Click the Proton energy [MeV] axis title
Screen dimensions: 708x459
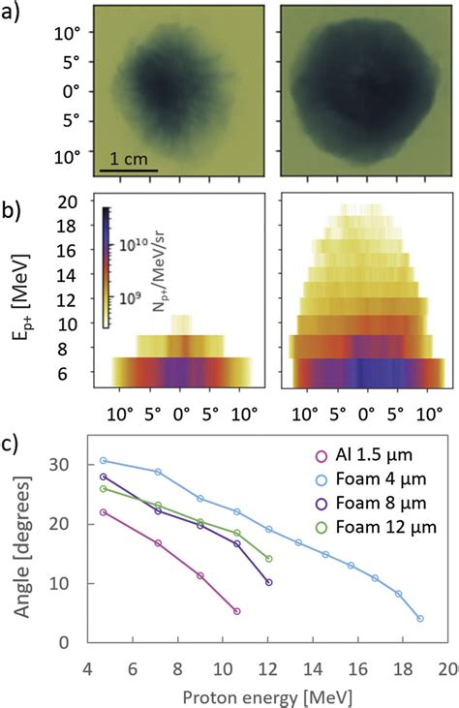(266, 695)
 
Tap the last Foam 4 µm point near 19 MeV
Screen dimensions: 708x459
(419, 618)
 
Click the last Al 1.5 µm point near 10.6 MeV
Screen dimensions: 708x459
(237, 611)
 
